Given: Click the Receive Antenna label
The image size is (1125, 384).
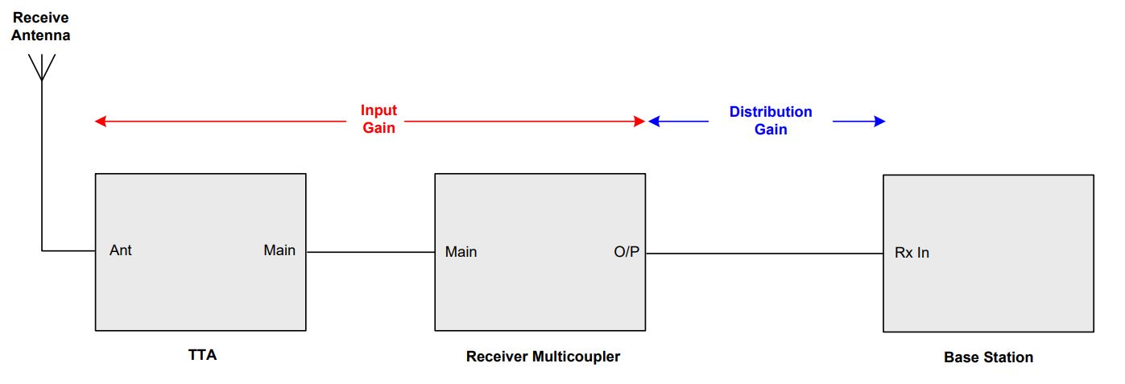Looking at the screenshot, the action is tap(41, 27).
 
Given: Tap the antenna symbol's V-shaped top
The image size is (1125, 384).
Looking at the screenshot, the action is tap(42, 67).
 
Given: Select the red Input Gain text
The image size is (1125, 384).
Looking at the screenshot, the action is tap(378, 119).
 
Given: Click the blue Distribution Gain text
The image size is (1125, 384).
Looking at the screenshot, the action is tap(771, 121).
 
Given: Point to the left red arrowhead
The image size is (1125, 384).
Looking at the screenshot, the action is tap(101, 121).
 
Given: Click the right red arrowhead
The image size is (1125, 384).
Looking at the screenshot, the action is tap(639, 121).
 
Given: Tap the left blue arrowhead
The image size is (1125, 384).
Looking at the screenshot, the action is tap(654, 121).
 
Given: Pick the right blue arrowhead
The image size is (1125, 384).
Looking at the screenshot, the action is tap(879, 121).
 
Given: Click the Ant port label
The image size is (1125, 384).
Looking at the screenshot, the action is tap(121, 250).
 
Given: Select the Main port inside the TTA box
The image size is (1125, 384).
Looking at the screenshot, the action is tap(279, 250).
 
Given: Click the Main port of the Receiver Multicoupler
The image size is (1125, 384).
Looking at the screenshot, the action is tap(461, 251).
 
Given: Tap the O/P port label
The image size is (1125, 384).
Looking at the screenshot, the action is tap(627, 251).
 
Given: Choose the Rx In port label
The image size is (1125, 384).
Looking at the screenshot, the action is tap(912, 253).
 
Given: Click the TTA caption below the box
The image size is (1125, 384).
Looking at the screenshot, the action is tap(202, 355).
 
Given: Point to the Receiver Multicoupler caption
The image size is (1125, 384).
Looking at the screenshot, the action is tap(543, 357).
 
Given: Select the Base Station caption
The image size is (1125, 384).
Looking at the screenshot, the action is tap(988, 357).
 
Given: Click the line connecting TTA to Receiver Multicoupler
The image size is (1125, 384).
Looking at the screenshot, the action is tap(370, 252).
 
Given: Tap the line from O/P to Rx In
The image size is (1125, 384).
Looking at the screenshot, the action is tap(764, 254).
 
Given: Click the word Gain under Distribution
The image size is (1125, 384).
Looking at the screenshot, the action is tap(771, 130).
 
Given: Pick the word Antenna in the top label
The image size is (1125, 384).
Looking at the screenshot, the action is tap(41, 35).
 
